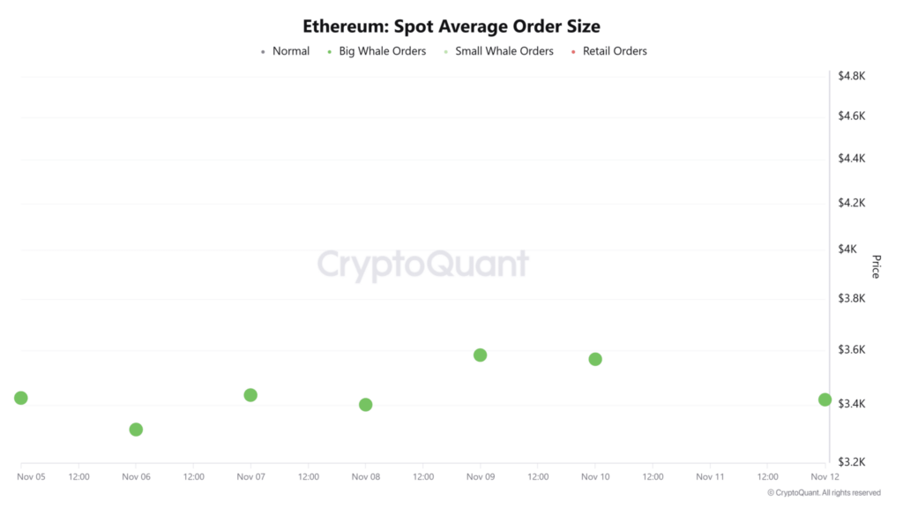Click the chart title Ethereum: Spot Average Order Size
pyautogui.click(x=451, y=26)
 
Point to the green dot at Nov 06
pyautogui.click(x=136, y=430)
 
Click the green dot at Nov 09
pyautogui.click(x=481, y=355)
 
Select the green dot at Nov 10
pyautogui.click(x=595, y=359)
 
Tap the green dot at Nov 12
pyautogui.click(x=825, y=400)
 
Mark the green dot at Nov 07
pyautogui.click(x=250, y=395)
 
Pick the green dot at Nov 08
pyautogui.click(x=366, y=405)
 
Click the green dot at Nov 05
pyautogui.click(x=21, y=398)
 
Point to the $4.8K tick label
pyautogui.click(x=852, y=76)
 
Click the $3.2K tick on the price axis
pyautogui.click(x=852, y=461)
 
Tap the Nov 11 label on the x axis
pyautogui.click(x=710, y=477)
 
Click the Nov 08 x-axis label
pyautogui.click(x=366, y=477)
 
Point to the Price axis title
pyautogui.click(x=876, y=266)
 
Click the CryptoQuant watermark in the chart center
pyautogui.click(x=423, y=265)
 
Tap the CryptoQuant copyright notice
pyautogui.click(x=824, y=493)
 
